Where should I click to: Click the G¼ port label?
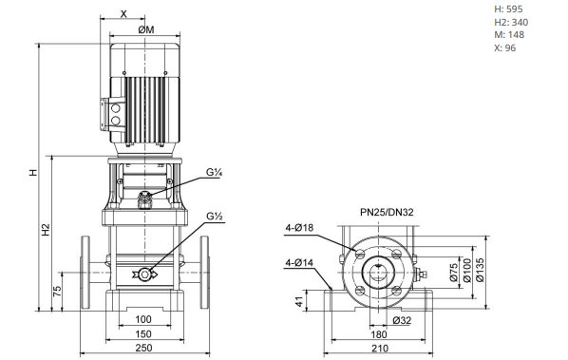[x=214, y=172]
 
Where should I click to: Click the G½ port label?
[x=215, y=217]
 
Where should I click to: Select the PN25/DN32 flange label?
[x=387, y=212]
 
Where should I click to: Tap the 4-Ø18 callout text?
[x=299, y=228]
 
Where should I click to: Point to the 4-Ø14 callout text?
[x=299, y=263]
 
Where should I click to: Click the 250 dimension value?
[x=143, y=348]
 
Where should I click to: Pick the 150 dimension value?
[x=143, y=334]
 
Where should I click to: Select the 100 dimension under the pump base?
[x=143, y=319]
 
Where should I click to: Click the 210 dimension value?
[x=380, y=349]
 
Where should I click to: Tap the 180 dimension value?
[x=379, y=334]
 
